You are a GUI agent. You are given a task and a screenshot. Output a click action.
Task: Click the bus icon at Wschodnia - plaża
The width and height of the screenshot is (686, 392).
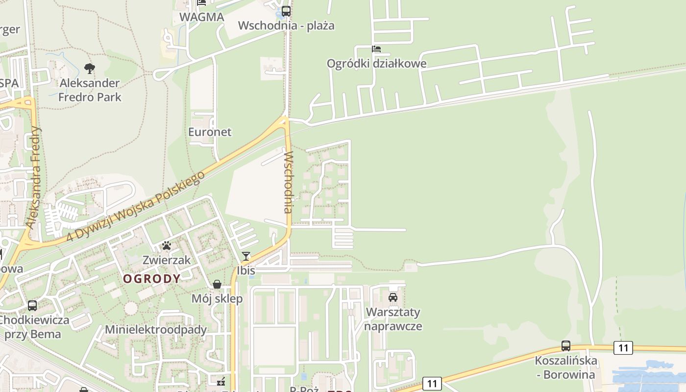click(286, 11)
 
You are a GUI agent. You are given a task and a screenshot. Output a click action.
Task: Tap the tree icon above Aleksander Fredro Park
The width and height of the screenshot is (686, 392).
click(89, 68)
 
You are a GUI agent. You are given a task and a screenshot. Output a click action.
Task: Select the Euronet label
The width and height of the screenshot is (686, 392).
click(210, 132)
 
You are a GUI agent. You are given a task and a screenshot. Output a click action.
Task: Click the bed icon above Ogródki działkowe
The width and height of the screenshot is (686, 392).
click(376, 49)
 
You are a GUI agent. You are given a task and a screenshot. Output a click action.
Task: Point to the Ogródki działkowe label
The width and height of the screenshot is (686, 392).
click(376, 64)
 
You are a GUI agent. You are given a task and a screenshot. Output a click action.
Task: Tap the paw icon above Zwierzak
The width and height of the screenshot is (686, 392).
click(167, 245)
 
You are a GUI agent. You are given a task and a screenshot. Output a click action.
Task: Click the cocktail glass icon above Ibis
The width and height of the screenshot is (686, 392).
click(246, 256)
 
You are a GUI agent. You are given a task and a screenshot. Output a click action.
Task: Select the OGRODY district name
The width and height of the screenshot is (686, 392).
click(151, 279)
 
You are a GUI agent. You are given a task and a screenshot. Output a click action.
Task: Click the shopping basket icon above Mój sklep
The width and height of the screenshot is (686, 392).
click(217, 284)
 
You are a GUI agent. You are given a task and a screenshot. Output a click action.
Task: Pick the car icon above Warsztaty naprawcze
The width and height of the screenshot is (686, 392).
click(393, 297)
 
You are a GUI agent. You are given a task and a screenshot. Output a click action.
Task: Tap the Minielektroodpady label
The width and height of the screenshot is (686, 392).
click(156, 330)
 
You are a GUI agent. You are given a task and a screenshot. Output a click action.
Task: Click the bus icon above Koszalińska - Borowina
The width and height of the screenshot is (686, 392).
click(566, 346)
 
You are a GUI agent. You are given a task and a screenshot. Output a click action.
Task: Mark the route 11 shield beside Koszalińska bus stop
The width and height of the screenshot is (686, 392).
click(623, 348)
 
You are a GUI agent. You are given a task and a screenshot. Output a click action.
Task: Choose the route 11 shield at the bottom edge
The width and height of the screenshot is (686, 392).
click(431, 383)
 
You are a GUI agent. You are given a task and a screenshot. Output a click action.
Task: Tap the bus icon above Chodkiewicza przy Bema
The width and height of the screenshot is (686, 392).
click(32, 306)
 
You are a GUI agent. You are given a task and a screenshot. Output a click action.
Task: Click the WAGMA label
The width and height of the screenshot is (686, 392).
click(202, 17)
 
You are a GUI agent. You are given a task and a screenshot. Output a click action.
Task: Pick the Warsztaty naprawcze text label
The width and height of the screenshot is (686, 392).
click(393, 319)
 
